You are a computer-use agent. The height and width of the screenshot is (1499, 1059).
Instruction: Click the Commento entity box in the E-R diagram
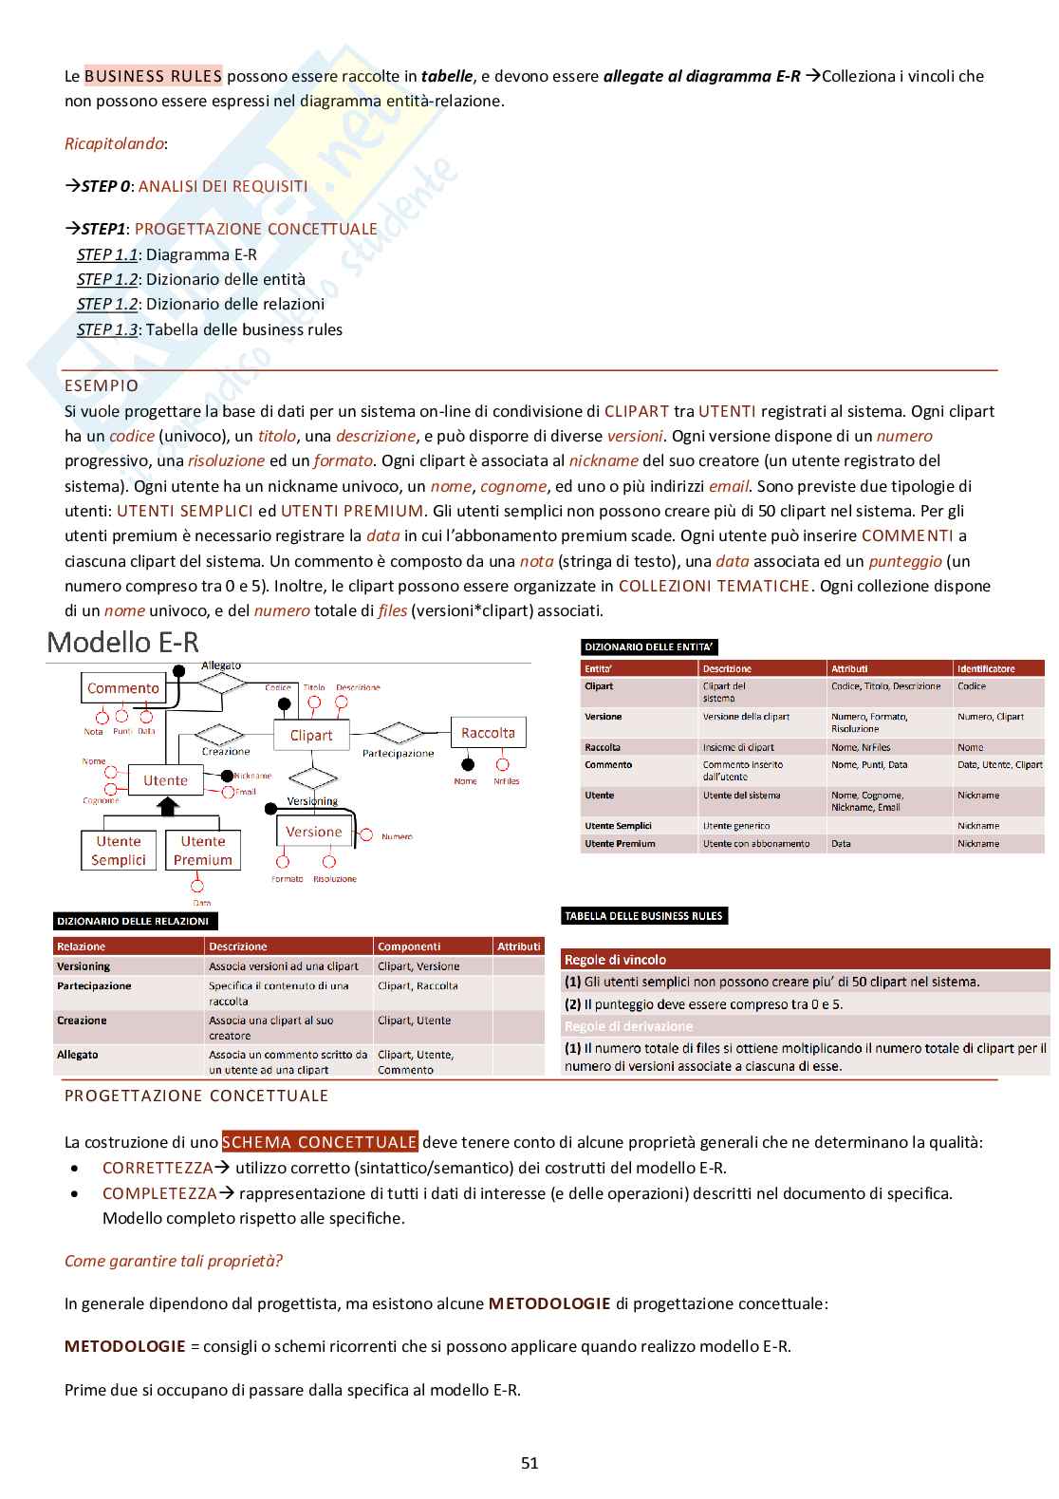(x=122, y=688)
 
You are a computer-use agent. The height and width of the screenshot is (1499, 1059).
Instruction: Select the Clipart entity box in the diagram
(x=311, y=735)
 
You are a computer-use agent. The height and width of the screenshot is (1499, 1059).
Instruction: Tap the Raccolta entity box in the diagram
(x=488, y=733)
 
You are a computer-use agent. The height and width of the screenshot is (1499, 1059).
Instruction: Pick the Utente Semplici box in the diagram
(x=119, y=851)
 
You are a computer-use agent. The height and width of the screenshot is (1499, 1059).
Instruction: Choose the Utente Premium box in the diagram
(x=202, y=851)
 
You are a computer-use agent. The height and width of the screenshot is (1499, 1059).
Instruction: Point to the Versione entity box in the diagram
(x=313, y=832)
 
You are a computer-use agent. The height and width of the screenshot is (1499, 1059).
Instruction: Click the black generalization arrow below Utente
(x=168, y=807)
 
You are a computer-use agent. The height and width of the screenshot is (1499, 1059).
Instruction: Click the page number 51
(x=529, y=1463)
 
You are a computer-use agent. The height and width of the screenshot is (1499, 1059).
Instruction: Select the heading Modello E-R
(x=123, y=643)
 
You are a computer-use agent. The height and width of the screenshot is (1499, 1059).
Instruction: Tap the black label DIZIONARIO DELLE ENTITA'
(x=649, y=647)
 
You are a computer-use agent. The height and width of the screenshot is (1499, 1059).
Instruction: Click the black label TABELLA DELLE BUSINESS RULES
(x=644, y=916)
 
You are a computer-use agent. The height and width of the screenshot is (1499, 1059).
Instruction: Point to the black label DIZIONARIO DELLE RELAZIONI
(x=133, y=921)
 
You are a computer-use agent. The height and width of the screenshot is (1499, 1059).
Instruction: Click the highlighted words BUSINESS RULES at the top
(x=153, y=76)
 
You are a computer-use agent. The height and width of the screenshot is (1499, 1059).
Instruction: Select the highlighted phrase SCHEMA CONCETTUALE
(x=320, y=1142)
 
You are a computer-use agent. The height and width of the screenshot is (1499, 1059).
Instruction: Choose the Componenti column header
(x=409, y=946)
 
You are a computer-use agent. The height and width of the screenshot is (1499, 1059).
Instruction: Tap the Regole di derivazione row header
(x=629, y=1026)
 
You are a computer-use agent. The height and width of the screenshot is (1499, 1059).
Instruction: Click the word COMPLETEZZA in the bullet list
(x=158, y=1193)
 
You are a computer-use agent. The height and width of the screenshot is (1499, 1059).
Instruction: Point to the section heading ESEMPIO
(x=102, y=385)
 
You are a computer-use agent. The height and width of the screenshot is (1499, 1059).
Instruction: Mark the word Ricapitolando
(x=115, y=144)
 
